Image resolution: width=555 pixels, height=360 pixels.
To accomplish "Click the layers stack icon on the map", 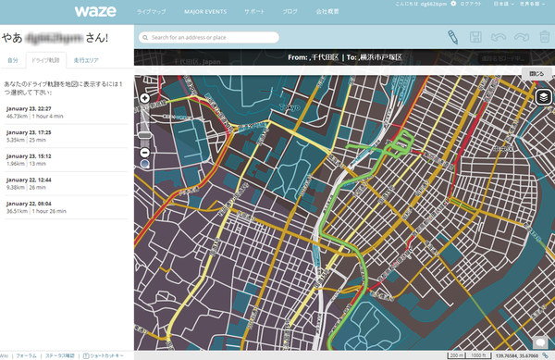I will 544,96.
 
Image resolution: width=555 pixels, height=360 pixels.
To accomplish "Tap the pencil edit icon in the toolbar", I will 452,37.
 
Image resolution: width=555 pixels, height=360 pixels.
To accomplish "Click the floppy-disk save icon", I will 475,37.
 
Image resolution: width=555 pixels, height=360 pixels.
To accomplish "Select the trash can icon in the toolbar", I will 545,37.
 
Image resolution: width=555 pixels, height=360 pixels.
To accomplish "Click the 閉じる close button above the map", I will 536,73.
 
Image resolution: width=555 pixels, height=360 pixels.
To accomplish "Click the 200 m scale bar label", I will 457,353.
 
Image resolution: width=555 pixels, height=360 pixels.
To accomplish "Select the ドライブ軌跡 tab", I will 45,60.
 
